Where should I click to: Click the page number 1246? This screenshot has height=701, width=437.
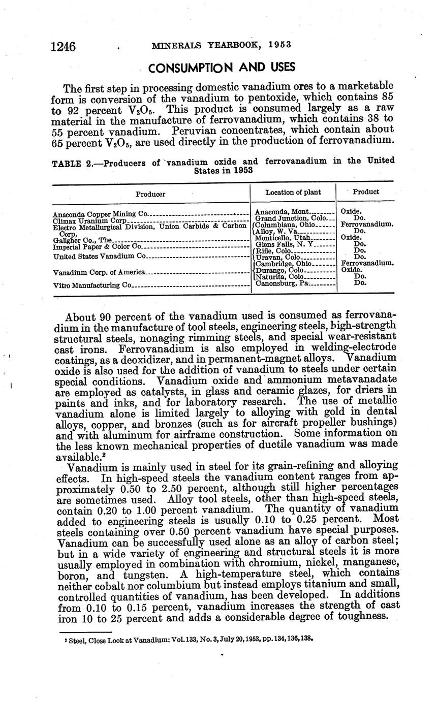coord(63,47)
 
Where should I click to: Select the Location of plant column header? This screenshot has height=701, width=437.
coord(293,192)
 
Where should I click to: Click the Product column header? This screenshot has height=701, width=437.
coord(366,192)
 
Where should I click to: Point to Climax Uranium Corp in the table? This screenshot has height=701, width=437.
coord(89,221)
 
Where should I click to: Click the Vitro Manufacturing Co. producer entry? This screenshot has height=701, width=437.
coord(92,285)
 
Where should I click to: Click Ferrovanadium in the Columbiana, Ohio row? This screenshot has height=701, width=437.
coord(367,224)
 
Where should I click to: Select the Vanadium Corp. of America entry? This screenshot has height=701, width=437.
coord(99,272)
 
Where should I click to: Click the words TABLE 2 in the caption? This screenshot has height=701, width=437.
coord(70,162)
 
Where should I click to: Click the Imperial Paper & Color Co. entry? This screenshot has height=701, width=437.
coord(96,246)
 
